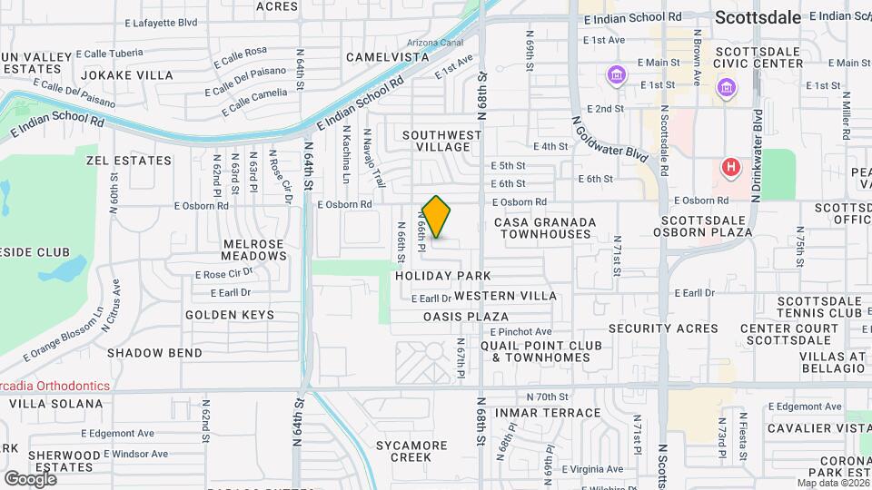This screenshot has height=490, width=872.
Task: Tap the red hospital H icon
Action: click(729, 167)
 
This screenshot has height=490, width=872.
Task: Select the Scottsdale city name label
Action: click(758, 17)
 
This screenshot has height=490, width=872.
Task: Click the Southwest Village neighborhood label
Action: click(442, 141)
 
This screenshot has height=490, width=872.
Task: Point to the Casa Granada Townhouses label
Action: click(545, 228)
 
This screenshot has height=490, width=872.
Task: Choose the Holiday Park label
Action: click(443, 275)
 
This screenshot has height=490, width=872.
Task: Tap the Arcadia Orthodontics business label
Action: click(54, 386)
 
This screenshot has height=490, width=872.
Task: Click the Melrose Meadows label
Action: click(253, 250)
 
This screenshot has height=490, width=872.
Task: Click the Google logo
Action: click(29, 478)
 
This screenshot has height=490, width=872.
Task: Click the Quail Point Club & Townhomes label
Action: click(540, 351)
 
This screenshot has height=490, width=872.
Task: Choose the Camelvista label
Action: click(388, 57)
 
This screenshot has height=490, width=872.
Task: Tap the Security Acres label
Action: click(650, 328)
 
